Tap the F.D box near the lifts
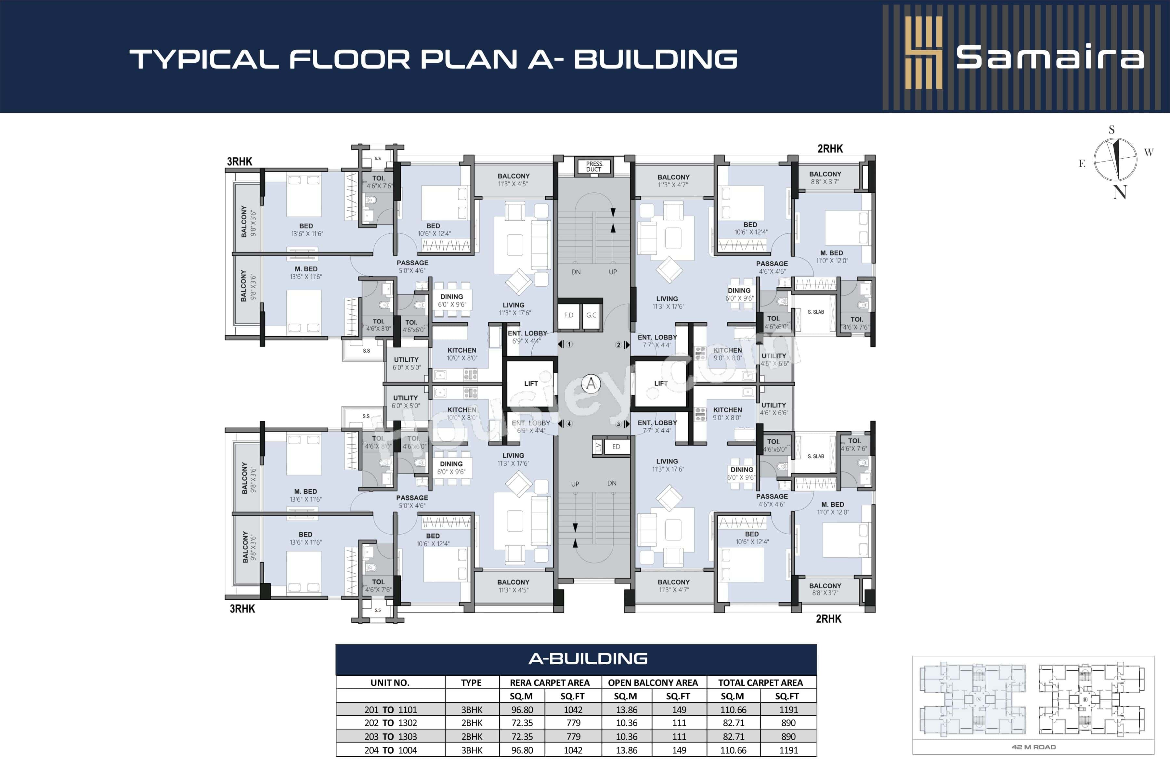tap(568, 315)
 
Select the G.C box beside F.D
tap(591, 315)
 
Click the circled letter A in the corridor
tap(591, 383)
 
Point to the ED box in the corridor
tap(616, 447)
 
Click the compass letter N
tap(1119, 192)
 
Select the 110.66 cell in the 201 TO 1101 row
tap(733, 710)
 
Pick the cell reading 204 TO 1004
tap(391, 750)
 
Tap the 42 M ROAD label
tap(1033, 747)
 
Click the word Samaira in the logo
tap(1050, 58)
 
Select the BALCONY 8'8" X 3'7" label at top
tap(825, 177)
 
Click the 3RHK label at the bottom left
tap(242, 609)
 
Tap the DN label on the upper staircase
tap(576, 272)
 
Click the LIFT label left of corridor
tap(531, 383)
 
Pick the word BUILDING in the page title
tap(656, 59)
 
